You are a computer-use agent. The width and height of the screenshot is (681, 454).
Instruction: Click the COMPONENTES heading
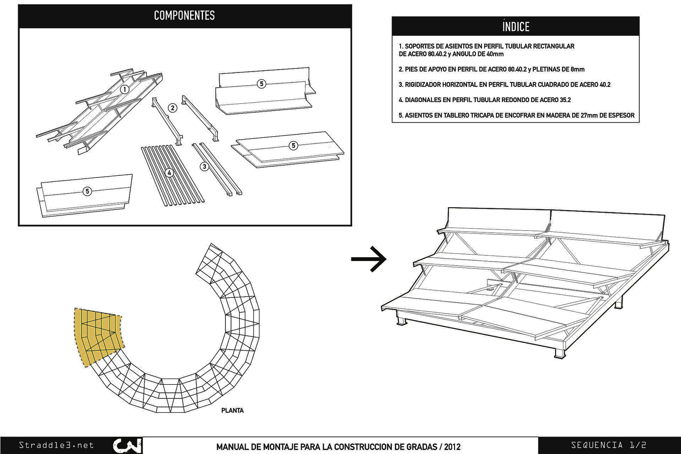click(x=184, y=16)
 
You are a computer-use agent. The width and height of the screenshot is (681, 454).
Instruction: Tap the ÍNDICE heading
click(x=515, y=27)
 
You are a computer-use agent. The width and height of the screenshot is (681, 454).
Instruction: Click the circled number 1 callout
click(x=124, y=89)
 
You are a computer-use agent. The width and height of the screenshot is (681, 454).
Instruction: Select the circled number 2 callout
click(x=172, y=108)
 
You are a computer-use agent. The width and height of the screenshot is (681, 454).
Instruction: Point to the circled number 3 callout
click(x=204, y=166)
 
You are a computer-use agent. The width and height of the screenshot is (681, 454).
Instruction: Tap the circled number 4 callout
click(x=169, y=173)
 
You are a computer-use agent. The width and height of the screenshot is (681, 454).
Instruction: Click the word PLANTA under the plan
click(x=232, y=410)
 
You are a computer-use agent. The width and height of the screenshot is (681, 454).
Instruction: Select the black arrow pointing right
click(x=369, y=259)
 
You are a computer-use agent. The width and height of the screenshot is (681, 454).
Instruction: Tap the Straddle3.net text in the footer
click(x=56, y=445)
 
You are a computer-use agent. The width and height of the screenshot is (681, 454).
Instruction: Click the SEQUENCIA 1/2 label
click(x=608, y=445)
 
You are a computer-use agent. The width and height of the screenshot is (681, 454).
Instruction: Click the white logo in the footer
click(x=127, y=446)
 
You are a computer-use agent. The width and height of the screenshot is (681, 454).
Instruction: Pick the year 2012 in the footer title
click(x=452, y=447)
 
